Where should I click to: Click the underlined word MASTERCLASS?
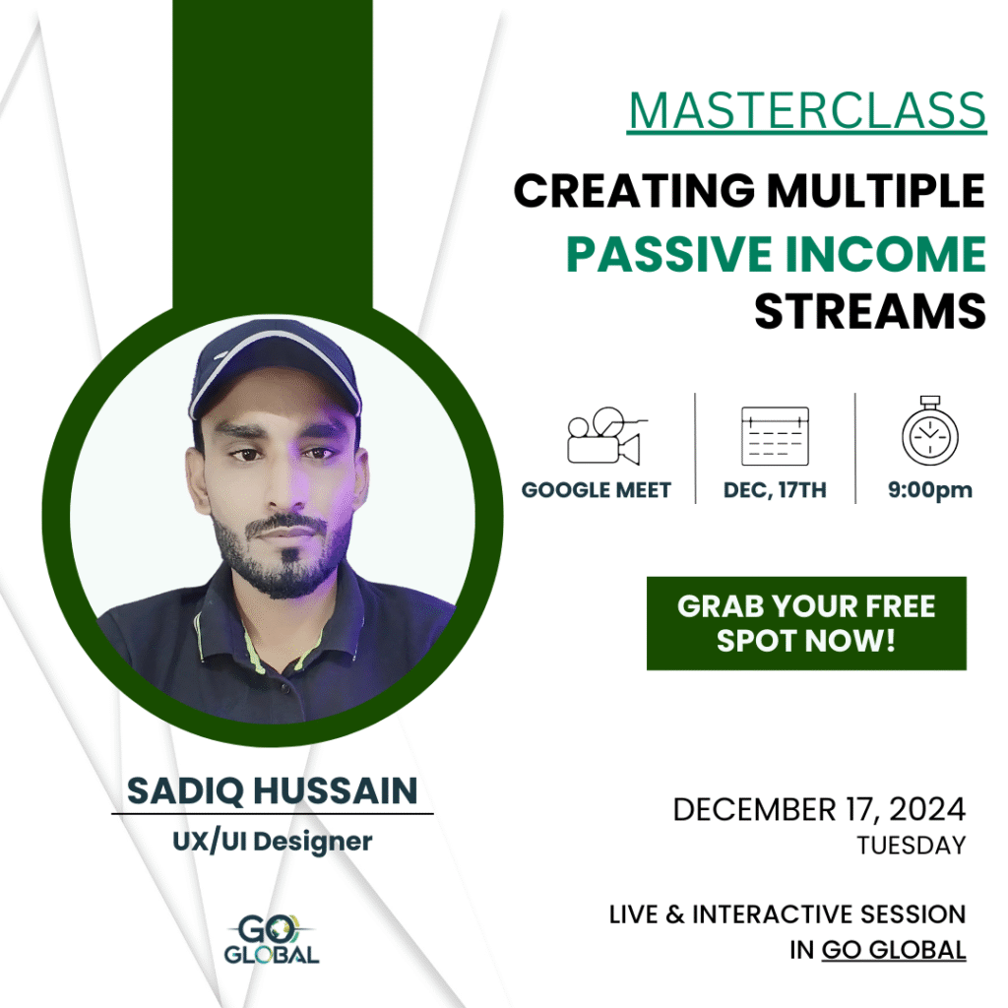click(x=807, y=112)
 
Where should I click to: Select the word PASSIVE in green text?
click(x=668, y=254)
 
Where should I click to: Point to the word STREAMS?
click(x=870, y=312)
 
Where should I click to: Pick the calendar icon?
click(x=775, y=436)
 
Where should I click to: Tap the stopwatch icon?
click(x=929, y=430)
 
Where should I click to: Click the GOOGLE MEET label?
click(x=596, y=490)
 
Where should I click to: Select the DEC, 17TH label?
click(x=775, y=490)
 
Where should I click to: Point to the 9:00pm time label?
click(x=929, y=490)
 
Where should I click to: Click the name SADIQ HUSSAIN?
click(x=273, y=790)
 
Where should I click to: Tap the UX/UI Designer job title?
click(x=273, y=842)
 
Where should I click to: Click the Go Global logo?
click(x=272, y=939)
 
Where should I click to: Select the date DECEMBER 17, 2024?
click(x=819, y=809)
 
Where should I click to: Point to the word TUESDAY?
click(x=912, y=846)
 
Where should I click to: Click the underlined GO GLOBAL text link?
click(x=894, y=950)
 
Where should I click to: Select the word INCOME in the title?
click(x=886, y=254)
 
